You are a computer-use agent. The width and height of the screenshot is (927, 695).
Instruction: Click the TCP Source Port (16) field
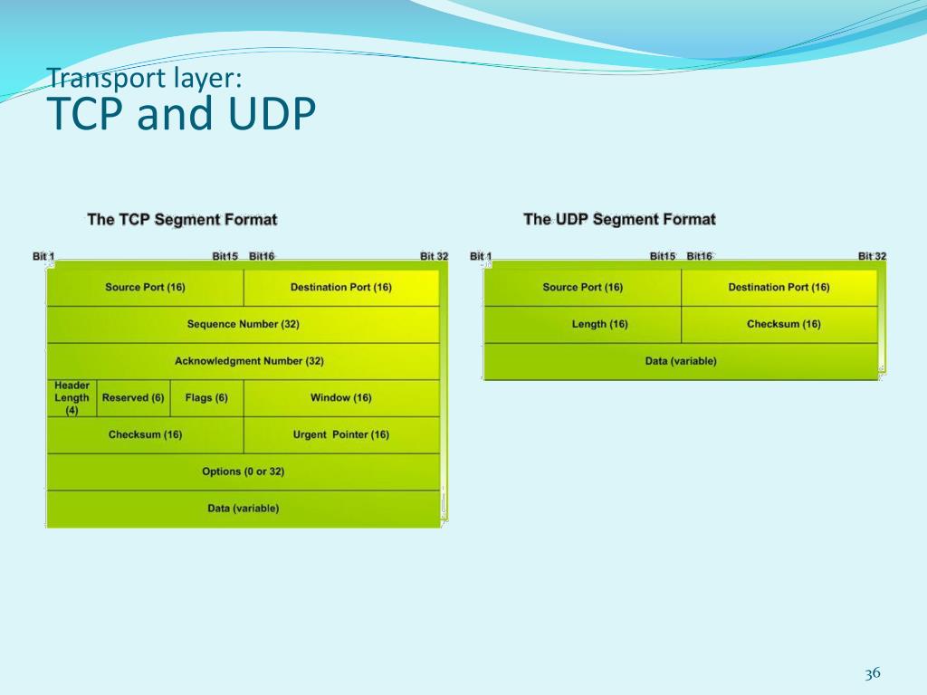[x=145, y=288]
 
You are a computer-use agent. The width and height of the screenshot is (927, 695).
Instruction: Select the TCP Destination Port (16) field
[x=341, y=288]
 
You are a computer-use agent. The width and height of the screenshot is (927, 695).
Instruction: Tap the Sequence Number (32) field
[x=243, y=324]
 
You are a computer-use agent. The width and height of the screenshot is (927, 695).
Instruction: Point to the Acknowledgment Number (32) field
[x=249, y=361]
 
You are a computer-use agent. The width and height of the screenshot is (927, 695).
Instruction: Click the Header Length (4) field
[x=72, y=398]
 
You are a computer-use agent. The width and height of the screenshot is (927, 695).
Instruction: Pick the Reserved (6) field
[x=133, y=398]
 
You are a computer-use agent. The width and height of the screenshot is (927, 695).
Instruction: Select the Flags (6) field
[x=206, y=398]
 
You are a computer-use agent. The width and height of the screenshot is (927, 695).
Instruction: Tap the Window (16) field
[x=341, y=398]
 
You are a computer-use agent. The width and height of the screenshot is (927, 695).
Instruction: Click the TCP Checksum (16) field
[x=145, y=435]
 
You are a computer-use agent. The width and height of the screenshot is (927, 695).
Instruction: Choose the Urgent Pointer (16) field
[x=341, y=435]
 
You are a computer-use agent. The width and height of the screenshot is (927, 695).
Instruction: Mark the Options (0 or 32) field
[x=243, y=471]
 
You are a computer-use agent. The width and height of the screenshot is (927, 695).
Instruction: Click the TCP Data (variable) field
[x=243, y=509]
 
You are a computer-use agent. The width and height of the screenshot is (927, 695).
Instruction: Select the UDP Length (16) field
[x=599, y=324]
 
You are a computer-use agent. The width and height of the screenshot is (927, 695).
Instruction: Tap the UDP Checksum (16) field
[x=784, y=324]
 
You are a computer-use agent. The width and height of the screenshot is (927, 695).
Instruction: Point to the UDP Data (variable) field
[x=681, y=361]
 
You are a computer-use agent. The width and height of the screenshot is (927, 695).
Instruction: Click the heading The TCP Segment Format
[x=182, y=219]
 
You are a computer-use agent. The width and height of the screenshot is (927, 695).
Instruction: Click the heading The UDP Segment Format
[x=619, y=219]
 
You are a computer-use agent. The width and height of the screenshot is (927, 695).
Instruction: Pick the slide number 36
[x=873, y=673]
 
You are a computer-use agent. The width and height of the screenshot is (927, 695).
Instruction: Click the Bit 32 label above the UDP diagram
[x=872, y=256]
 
